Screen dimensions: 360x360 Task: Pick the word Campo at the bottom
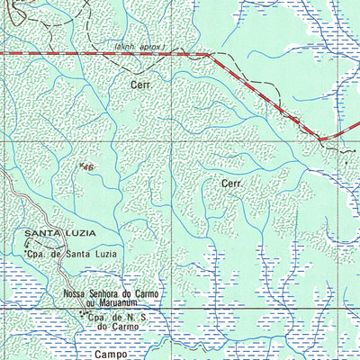[113, 355]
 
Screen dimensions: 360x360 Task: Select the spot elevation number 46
[89, 167]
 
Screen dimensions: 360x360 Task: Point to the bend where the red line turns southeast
[208, 55]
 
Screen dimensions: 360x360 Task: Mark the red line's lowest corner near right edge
[322, 139]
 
